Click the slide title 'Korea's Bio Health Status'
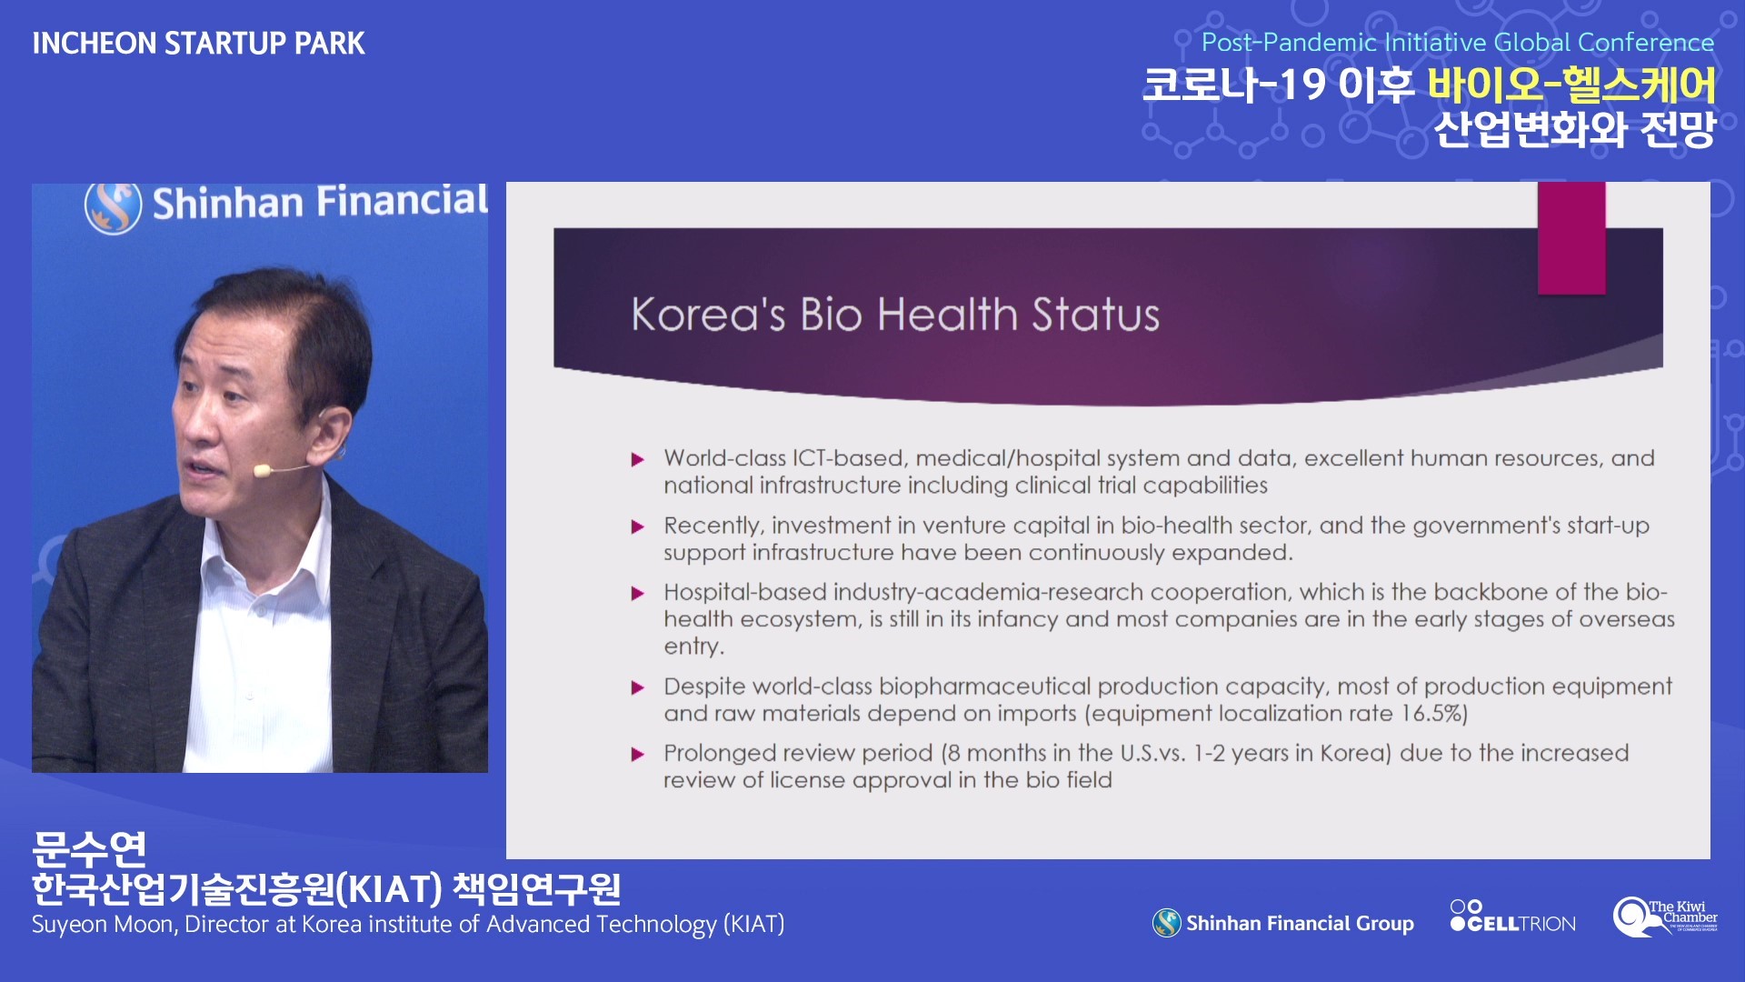[895, 315]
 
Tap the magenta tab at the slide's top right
[1571, 238]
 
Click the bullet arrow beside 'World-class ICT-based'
[638, 460]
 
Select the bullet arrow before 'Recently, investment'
[638, 527]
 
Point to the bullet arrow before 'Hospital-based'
[638, 594]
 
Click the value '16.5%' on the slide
[1433, 713]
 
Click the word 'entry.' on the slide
[693, 646]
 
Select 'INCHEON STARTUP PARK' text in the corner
[198, 44]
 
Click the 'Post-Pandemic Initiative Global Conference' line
[1458, 43]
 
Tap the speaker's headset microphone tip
[263, 470]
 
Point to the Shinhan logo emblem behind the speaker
[114, 206]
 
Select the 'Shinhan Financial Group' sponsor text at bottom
[1300, 924]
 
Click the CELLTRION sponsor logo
[1513, 917]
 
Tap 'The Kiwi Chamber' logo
[1665, 917]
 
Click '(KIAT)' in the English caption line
[753, 925]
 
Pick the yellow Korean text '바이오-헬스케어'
[1571, 85]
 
